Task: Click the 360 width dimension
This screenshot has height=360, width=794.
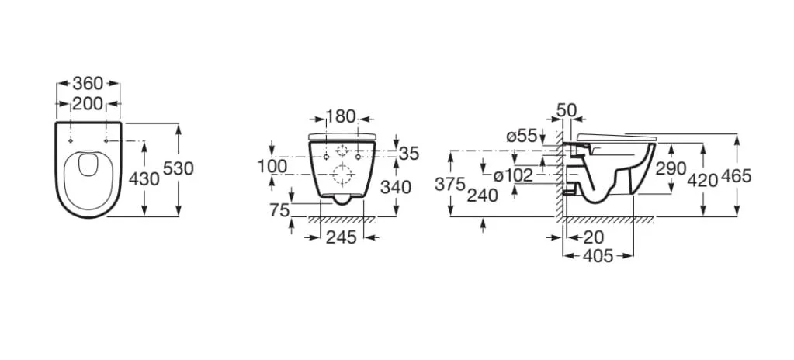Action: coord(88,82)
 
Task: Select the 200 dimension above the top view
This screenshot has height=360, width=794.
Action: coord(88,103)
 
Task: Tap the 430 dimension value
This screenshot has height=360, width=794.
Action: coord(144,178)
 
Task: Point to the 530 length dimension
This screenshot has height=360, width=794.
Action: coord(179,168)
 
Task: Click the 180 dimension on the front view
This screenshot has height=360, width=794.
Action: coord(340,116)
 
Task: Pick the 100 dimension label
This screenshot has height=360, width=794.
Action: coord(272,165)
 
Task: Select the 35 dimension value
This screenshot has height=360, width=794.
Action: coord(409,154)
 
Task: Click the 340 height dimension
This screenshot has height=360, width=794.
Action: coord(396,187)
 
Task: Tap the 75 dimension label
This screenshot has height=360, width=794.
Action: coord(279,209)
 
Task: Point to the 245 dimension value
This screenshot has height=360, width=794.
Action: coord(342,237)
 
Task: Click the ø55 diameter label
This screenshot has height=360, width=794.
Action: coord(522,136)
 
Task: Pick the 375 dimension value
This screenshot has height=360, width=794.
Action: coord(449,185)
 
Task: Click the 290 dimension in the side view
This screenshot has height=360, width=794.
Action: coord(671,168)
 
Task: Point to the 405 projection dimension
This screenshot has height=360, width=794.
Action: coord(598,256)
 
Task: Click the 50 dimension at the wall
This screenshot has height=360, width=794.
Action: coord(566,110)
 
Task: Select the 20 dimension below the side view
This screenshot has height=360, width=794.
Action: coord(594,237)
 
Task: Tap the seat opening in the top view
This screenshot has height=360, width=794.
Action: coord(88,164)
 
